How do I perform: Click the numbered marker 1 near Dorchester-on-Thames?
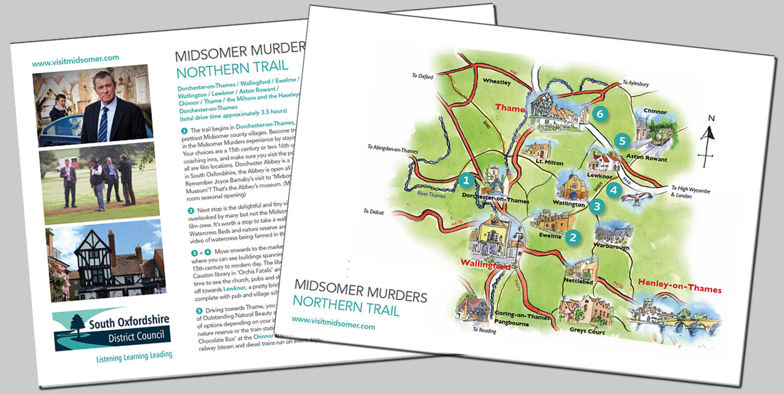click(467, 179)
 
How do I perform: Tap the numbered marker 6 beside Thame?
click(600, 114)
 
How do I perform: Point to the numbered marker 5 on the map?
click(621, 141)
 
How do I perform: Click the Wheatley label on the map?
click(496, 82)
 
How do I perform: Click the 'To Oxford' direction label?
click(422, 76)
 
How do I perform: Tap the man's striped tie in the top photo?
click(104, 123)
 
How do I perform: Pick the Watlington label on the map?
click(570, 204)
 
